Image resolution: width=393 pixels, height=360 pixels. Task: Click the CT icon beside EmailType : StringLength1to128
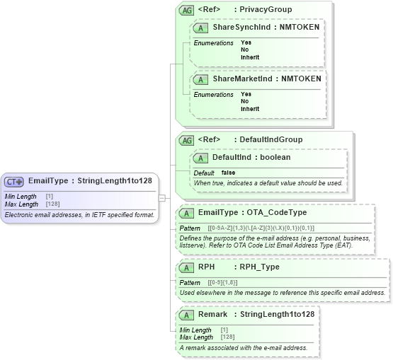pyautogui.click(x=13, y=180)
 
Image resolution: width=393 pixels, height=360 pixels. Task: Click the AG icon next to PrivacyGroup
pyautogui.click(x=187, y=10)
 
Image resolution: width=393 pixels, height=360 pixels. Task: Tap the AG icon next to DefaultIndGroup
pyautogui.click(x=187, y=140)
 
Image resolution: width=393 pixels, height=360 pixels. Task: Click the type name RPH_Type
pyautogui.click(x=259, y=267)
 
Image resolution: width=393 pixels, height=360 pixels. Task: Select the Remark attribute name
pyautogui.click(x=213, y=314)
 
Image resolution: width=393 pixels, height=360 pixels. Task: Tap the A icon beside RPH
pyautogui.click(x=187, y=267)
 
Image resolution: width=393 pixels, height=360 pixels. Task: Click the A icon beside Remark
pyautogui.click(x=187, y=314)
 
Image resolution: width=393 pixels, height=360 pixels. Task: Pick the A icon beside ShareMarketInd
pyautogui.click(x=202, y=79)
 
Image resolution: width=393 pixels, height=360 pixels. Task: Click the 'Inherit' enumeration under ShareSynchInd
pyautogui.click(x=250, y=57)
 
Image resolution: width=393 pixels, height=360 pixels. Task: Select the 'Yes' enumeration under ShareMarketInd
pyautogui.click(x=246, y=94)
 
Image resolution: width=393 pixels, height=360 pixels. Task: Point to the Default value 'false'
pyautogui.click(x=229, y=173)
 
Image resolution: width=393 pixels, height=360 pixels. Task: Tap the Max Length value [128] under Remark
pyautogui.click(x=228, y=337)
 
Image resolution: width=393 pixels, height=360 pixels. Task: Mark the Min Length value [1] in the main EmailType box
pyautogui.click(x=49, y=196)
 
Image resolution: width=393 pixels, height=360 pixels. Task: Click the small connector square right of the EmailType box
pyautogui.click(x=161, y=197)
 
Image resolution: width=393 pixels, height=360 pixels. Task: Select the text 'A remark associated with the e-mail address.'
pyautogui.click(x=243, y=347)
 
